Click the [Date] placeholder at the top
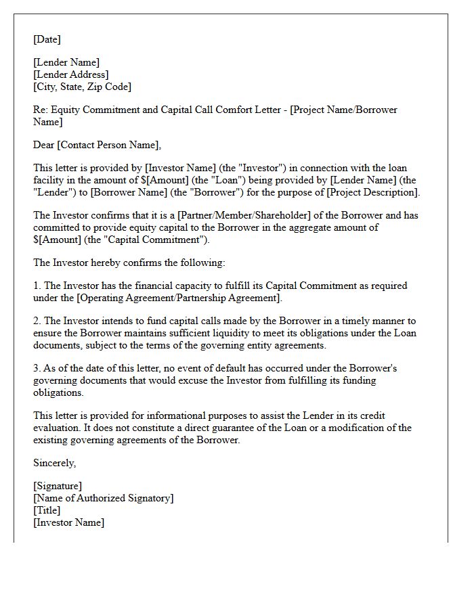(47, 39)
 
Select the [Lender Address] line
(71, 74)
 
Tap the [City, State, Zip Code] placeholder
(83, 87)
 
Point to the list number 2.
(37, 321)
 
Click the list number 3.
(37, 368)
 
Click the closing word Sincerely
(54, 463)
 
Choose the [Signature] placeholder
(58, 486)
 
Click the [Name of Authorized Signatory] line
(104, 498)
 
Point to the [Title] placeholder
(47, 510)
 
